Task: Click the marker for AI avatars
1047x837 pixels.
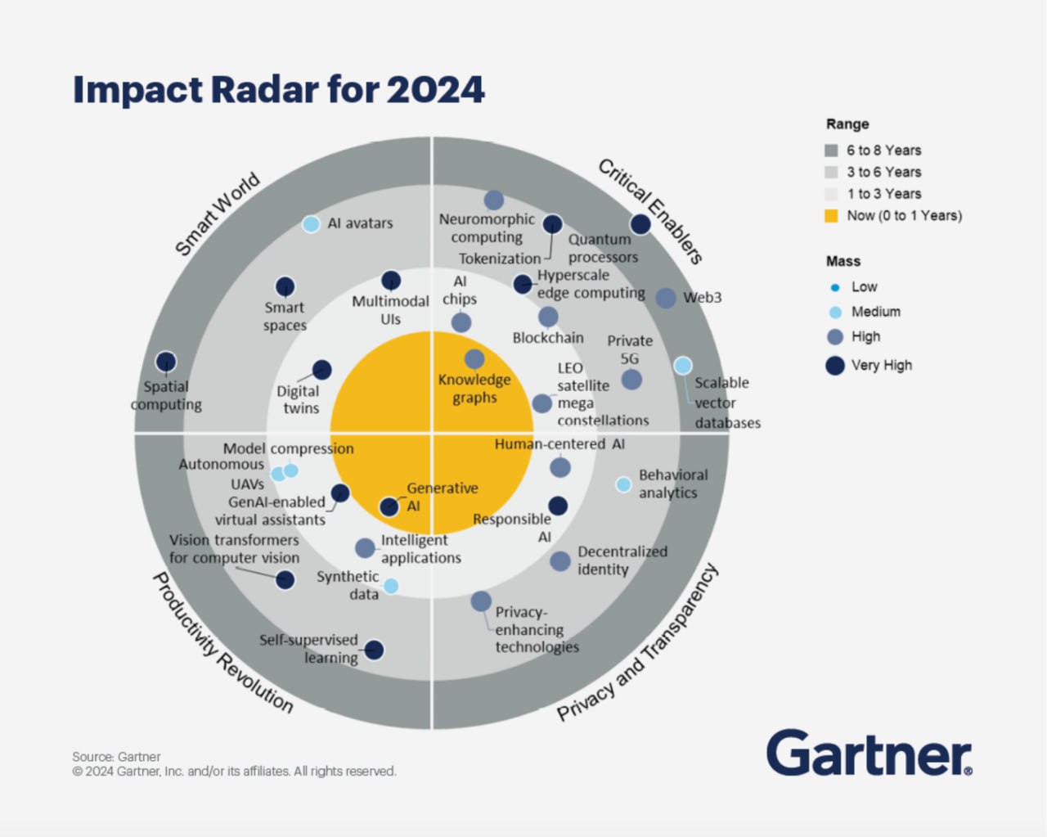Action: (311, 223)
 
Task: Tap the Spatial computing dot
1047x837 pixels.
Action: (166, 362)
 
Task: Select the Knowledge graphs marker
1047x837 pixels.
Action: (474, 358)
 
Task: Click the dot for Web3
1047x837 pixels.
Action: (666, 298)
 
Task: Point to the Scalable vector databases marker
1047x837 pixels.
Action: (683, 366)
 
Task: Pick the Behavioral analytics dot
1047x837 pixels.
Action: (623, 484)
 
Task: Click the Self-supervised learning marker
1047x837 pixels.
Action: (374, 650)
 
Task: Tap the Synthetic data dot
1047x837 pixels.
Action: (391, 586)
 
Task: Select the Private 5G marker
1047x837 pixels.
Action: (631, 379)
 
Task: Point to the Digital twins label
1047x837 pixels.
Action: (299, 399)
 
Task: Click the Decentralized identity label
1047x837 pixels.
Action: (622, 560)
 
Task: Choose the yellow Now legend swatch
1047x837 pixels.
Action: (831, 216)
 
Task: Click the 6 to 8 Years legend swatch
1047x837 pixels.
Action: (831, 151)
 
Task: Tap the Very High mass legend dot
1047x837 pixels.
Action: (834, 365)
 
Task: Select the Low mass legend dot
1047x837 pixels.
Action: (834, 287)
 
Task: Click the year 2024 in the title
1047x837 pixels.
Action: (436, 89)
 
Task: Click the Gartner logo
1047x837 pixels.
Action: (869, 753)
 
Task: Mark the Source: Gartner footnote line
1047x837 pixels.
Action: (116, 757)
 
